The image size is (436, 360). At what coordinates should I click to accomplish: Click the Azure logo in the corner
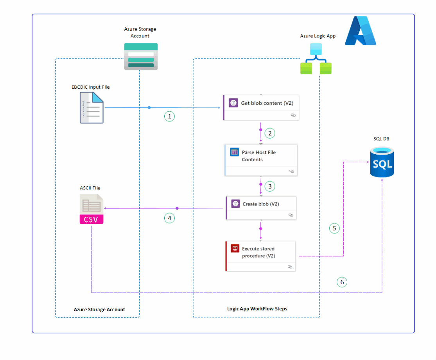(x=360, y=31)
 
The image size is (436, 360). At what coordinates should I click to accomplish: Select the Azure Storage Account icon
(x=141, y=57)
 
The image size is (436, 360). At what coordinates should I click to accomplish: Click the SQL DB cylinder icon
(x=382, y=162)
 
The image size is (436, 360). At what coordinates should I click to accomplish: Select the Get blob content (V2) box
(x=261, y=107)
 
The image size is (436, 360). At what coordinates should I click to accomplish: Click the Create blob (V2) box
(x=261, y=208)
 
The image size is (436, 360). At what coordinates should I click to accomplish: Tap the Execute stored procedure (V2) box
(x=261, y=256)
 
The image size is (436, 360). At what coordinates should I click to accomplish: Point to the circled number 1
(x=169, y=116)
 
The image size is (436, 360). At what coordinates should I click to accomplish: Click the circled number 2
(x=270, y=133)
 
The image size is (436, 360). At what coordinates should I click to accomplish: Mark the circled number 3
(x=270, y=186)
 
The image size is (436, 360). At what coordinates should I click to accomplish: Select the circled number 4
(x=169, y=218)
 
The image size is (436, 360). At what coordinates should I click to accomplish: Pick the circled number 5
(x=334, y=228)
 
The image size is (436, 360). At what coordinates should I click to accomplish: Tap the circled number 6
(x=342, y=282)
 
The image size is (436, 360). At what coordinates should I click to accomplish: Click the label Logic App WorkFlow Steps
(x=257, y=309)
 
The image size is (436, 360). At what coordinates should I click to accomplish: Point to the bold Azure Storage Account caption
(x=99, y=310)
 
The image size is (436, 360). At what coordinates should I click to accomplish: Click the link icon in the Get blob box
(x=293, y=115)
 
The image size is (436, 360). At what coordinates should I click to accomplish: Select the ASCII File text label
(x=90, y=188)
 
